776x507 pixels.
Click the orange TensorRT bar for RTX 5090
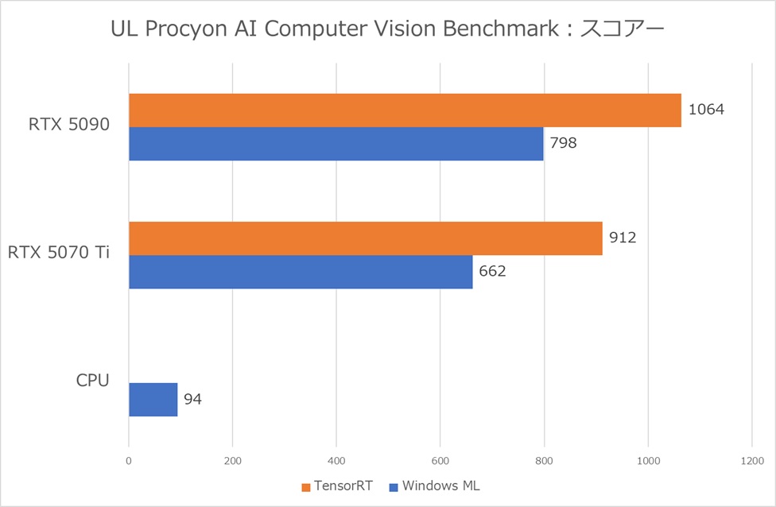pyautogui.click(x=405, y=110)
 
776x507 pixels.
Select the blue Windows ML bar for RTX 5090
pyautogui.click(x=336, y=144)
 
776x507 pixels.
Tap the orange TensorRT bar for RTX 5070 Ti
pyautogui.click(x=365, y=238)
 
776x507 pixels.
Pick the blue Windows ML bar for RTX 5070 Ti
pyautogui.click(x=301, y=272)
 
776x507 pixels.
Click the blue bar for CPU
pyautogui.click(x=153, y=399)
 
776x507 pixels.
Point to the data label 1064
pyautogui.click(x=706, y=110)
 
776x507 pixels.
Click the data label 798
pyautogui.click(x=563, y=144)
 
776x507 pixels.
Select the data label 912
pyautogui.click(x=624, y=238)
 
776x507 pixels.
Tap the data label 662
pyautogui.click(x=492, y=271)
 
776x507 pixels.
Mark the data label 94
pyautogui.click(x=192, y=399)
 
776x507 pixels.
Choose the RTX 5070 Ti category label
pyautogui.click(x=59, y=253)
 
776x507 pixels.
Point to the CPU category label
pyautogui.click(x=92, y=381)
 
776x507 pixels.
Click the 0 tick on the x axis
pyautogui.click(x=129, y=460)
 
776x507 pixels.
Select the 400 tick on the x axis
pyautogui.click(x=336, y=460)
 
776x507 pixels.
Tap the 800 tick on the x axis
pyautogui.click(x=545, y=460)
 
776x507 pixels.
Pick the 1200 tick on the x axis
pyautogui.click(x=751, y=460)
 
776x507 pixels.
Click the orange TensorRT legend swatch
pyautogui.click(x=306, y=486)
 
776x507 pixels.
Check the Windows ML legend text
pyautogui.click(x=440, y=486)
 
